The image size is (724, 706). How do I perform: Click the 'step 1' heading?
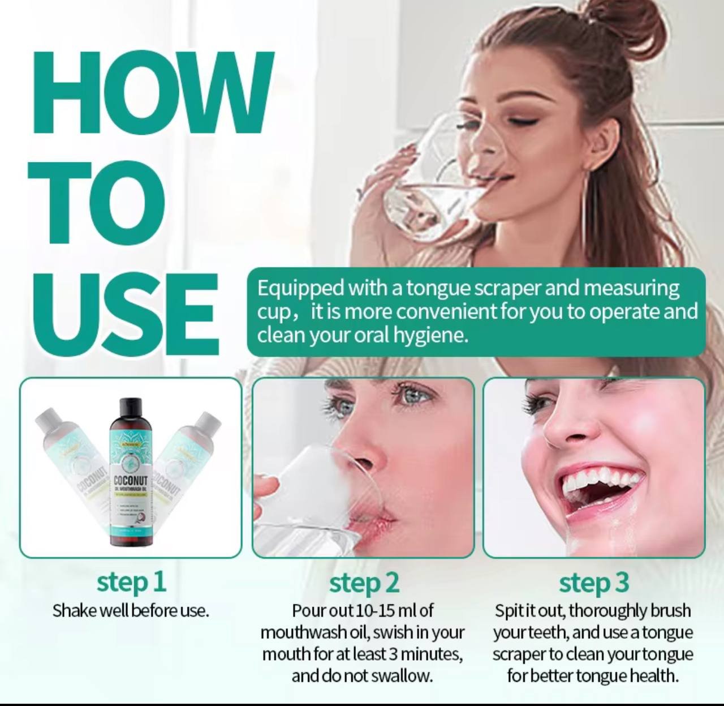(131, 581)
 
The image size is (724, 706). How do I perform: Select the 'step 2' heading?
(364, 583)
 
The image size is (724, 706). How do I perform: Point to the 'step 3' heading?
(593, 583)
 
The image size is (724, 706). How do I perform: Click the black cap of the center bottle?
(131, 407)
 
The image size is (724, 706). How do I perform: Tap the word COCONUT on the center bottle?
(131, 481)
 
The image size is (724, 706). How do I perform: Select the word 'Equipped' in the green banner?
(300, 288)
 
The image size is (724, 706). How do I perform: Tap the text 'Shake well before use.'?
(131, 611)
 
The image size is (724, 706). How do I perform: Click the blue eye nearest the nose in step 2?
(346, 408)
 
